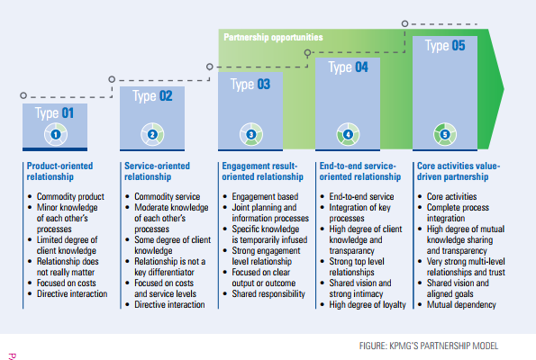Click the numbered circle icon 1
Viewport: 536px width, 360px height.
click(56, 135)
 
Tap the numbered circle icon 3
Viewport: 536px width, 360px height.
click(251, 135)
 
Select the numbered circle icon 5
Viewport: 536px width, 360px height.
click(445, 135)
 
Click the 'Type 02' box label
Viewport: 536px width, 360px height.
click(152, 96)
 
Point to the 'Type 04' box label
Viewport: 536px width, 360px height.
click(348, 67)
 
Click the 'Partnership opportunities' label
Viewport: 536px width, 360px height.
click(273, 37)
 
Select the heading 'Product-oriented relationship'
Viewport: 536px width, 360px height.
click(59, 171)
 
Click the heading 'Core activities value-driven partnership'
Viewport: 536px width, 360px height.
click(459, 171)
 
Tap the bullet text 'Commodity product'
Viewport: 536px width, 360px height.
click(70, 196)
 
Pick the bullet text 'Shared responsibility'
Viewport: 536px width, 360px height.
click(268, 293)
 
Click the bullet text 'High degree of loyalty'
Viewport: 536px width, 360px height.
click(368, 304)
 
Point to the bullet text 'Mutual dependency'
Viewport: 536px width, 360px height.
click(461, 304)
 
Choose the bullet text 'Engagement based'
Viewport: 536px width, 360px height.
click(265, 196)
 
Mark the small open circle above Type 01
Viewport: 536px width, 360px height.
click(23, 95)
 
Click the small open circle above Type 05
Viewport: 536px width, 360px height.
click(404, 23)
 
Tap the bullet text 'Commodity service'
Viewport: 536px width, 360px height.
click(168, 196)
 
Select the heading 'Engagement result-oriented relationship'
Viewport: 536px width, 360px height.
click(262, 171)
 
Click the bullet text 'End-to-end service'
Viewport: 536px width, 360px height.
click(361, 196)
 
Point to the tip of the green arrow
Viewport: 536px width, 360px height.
click(504, 89)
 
